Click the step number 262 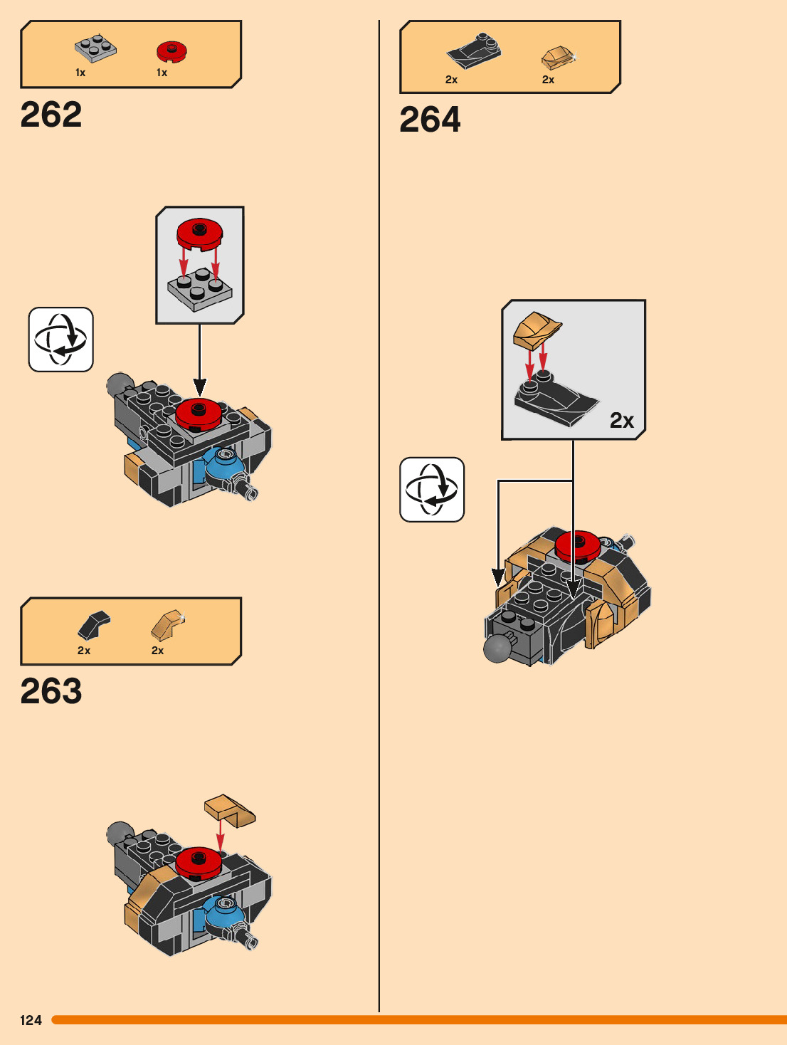click(51, 115)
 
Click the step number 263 click(51, 691)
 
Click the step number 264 click(430, 120)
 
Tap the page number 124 click(31, 1020)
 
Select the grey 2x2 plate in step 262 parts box click(96, 48)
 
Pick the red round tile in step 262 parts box click(171, 51)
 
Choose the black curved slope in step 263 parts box click(93, 625)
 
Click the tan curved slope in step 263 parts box click(167, 624)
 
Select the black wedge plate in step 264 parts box click(473, 51)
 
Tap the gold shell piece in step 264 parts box click(558, 57)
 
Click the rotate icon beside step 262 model click(60, 340)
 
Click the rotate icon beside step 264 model click(432, 490)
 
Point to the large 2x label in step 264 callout click(621, 421)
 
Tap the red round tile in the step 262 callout click(200, 233)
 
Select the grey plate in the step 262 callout click(200, 289)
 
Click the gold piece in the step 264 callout click(537, 328)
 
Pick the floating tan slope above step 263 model click(230, 810)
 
